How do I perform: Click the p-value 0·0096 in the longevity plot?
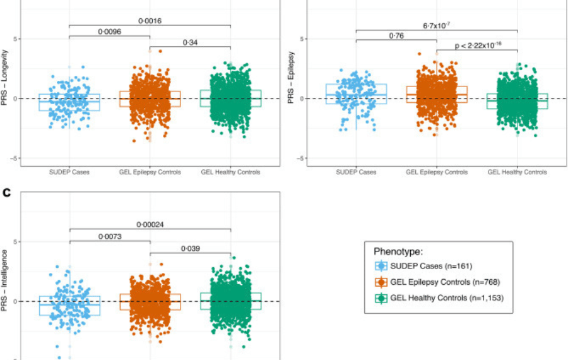click(109, 31)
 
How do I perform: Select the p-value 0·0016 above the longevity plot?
click(149, 21)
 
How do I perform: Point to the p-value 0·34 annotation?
click(190, 42)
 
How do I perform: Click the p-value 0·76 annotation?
click(396, 36)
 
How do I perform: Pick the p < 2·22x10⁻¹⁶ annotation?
click(476, 46)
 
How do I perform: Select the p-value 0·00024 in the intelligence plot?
click(150, 224)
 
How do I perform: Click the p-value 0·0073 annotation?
click(109, 236)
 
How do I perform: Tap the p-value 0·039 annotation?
click(191, 248)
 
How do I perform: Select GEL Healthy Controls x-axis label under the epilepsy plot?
click(517, 172)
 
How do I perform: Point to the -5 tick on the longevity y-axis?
click(14, 159)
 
